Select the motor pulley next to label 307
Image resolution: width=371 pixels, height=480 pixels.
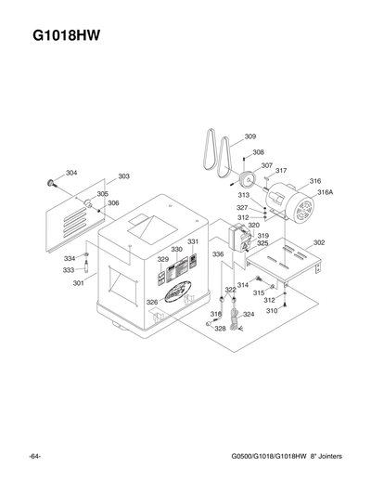point(247,180)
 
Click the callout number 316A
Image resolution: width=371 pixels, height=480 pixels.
point(325,192)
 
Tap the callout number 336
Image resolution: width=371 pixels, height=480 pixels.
point(218,253)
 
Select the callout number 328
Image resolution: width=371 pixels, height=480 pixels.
point(220,328)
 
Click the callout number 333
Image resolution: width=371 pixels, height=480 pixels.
point(69,270)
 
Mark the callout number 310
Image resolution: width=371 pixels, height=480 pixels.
point(273,310)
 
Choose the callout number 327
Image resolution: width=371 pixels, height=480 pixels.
point(241,208)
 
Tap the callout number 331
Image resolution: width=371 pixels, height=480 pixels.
point(193,241)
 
